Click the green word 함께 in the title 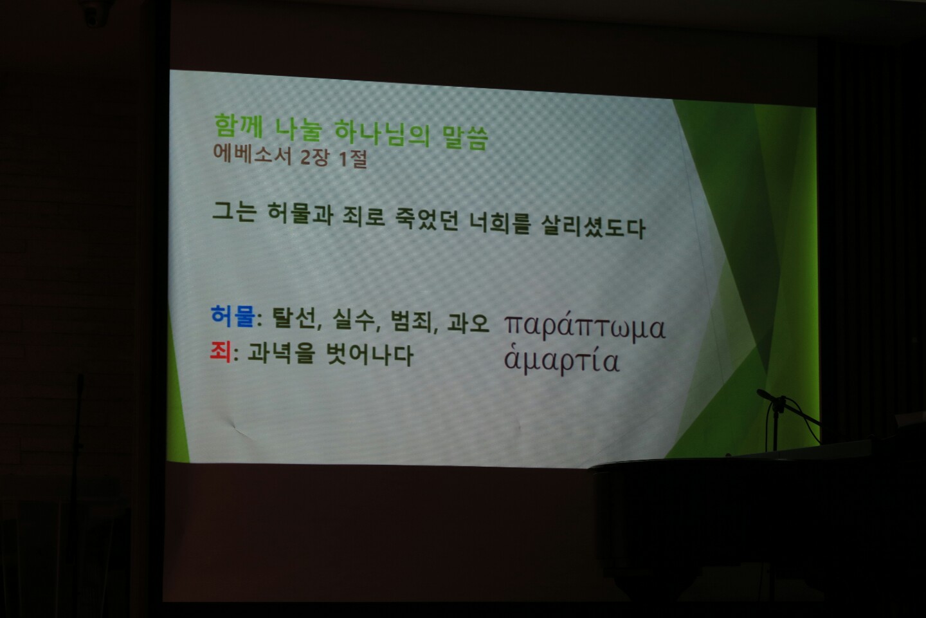[x=238, y=126]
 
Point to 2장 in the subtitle [x=314, y=156]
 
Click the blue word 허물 [x=232, y=317]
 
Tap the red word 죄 [x=220, y=351]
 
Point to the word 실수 [x=354, y=320]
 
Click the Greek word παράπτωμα [x=584, y=327]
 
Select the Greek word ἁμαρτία [x=561, y=361]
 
